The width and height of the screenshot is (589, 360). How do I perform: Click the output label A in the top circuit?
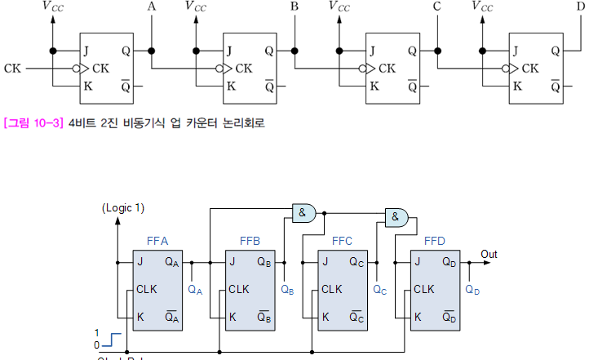(x=151, y=7)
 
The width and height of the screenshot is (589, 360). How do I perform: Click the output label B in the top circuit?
(x=294, y=7)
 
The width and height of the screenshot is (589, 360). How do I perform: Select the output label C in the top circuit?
(x=437, y=7)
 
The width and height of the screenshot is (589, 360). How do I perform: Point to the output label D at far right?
(x=580, y=7)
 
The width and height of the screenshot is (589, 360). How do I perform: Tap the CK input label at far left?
(x=12, y=68)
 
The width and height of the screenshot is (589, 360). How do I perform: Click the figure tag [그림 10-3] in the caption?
(x=33, y=123)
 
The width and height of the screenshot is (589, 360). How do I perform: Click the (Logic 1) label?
(x=123, y=208)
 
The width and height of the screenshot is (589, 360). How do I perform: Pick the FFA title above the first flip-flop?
(x=157, y=242)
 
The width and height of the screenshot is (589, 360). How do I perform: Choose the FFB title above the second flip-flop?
(x=250, y=242)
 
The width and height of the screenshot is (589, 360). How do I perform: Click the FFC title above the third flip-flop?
(x=343, y=242)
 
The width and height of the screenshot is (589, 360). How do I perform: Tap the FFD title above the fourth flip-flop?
(x=435, y=242)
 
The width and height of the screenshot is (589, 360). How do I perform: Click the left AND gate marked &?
(x=303, y=213)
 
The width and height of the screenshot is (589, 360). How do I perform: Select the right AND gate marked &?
(x=396, y=216)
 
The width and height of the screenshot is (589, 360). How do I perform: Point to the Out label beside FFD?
(x=489, y=255)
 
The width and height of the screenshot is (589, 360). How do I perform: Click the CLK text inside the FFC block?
(x=332, y=289)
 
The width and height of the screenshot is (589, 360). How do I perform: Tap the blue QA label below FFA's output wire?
(x=195, y=289)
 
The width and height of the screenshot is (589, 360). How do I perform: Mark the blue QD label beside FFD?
(x=473, y=289)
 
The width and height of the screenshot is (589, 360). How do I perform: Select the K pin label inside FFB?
(x=233, y=316)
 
